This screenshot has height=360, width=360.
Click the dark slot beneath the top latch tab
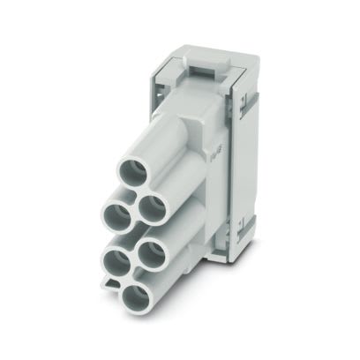point(205,71)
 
